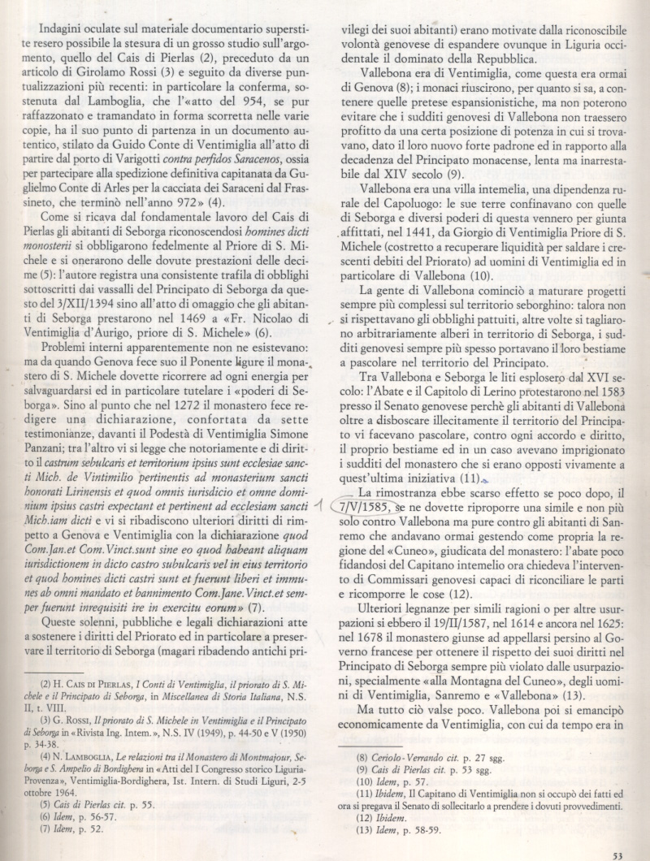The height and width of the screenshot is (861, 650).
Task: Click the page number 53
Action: coord(617,854)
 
